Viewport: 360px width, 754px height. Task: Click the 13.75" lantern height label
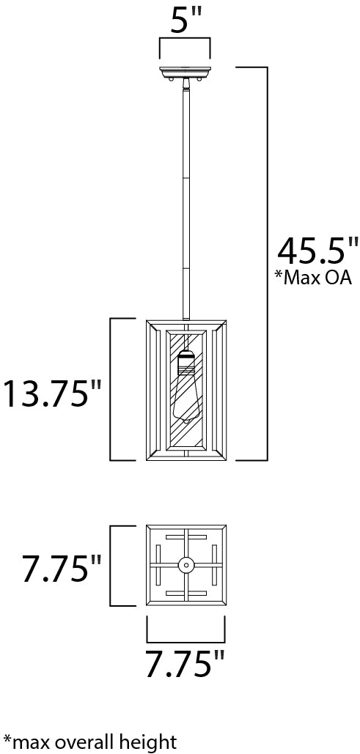pyautogui.click(x=51, y=394)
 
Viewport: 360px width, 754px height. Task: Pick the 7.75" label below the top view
pyautogui.click(x=183, y=665)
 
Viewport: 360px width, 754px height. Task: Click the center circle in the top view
pyautogui.click(x=186, y=565)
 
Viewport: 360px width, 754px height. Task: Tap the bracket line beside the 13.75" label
pyautogui.click(x=111, y=388)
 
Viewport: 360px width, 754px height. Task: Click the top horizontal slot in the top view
pyautogui.click(x=186, y=538)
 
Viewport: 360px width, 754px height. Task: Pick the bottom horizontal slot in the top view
pyautogui.click(x=186, y=592)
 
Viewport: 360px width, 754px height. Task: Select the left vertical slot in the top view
pyautogui.click(x=159, y=565)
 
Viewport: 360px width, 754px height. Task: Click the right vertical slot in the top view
pyautogui.click(x=213, y=565)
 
